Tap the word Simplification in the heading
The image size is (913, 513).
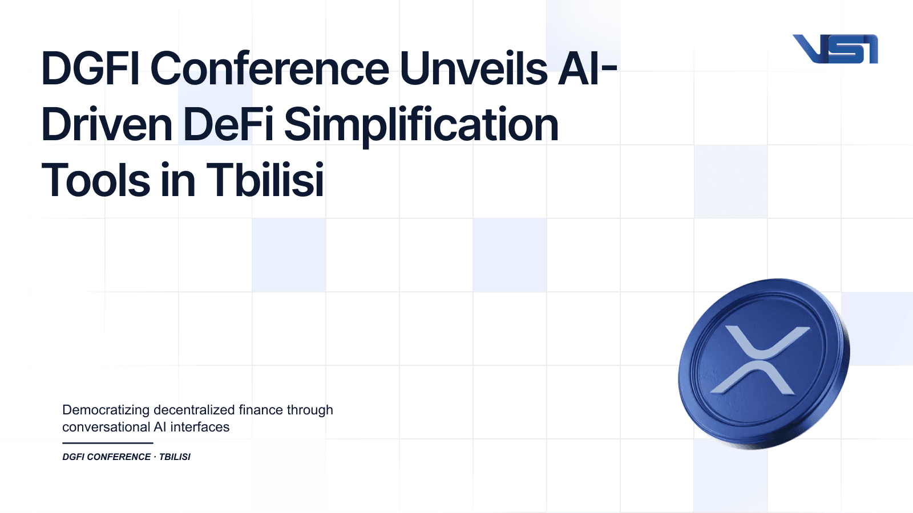coord(421,125)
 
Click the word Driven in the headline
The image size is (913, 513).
coord(107,125)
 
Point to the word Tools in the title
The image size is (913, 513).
coord(95,181)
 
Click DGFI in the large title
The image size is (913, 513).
coord(90,69)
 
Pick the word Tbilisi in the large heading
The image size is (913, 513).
coord(265,181)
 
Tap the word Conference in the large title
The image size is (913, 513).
coord(269,69)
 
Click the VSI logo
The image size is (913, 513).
coord(835,49)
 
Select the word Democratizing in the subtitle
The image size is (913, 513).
coord(106,410)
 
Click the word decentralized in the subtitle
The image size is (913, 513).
coord(194,410)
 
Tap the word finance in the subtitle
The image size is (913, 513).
coord(260,410)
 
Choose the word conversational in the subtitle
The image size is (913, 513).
coord(106,427)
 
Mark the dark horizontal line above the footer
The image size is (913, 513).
coord(107,443)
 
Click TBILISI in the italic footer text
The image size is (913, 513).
coord(175,457)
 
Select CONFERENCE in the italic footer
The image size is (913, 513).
coord(119,457)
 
